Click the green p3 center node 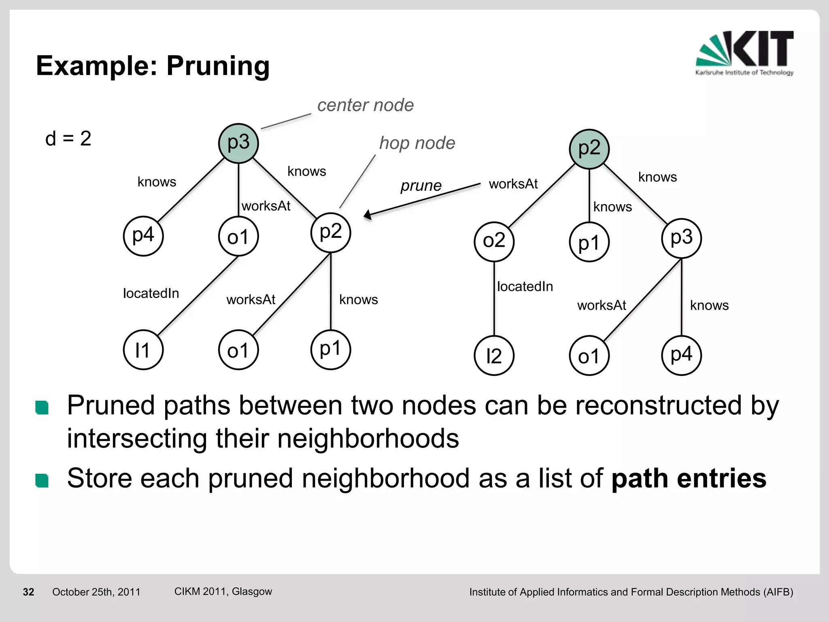(x=238, y=143)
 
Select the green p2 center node (x=589, y=149)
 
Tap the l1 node (x=143, y=350)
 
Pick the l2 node (x=494, y=356)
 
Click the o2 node (x=494, y=241)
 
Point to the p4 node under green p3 (x=143, y=236)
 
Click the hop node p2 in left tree (x=331, y=232)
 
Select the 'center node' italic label (x=365, y=105)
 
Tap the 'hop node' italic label (x=417, y=143)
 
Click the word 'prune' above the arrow (x=421, y=185)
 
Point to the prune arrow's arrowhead (x=368, y=215)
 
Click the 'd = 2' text (x=68, y=139)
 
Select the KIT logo (x=744, y=53)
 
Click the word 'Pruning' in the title (x=218, y=66)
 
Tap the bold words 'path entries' (x=689, y=478)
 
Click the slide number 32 (x=28, y=592)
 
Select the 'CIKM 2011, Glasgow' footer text (x=223, y=591)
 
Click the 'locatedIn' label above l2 (x=525, y=287)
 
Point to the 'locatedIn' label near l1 (x=151, y=293)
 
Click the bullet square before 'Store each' (x=42, y=480)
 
